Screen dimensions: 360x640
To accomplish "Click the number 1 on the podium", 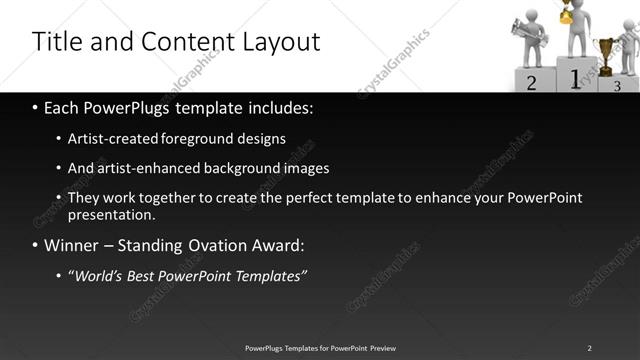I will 574,78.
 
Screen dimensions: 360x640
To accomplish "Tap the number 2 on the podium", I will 531,83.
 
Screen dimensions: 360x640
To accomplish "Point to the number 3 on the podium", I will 618,86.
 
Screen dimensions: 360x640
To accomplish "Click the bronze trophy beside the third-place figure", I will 605,52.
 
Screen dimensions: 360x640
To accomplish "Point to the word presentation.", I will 111,215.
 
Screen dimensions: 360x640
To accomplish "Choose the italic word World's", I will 99,275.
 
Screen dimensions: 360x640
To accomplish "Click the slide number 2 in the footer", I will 589,348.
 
